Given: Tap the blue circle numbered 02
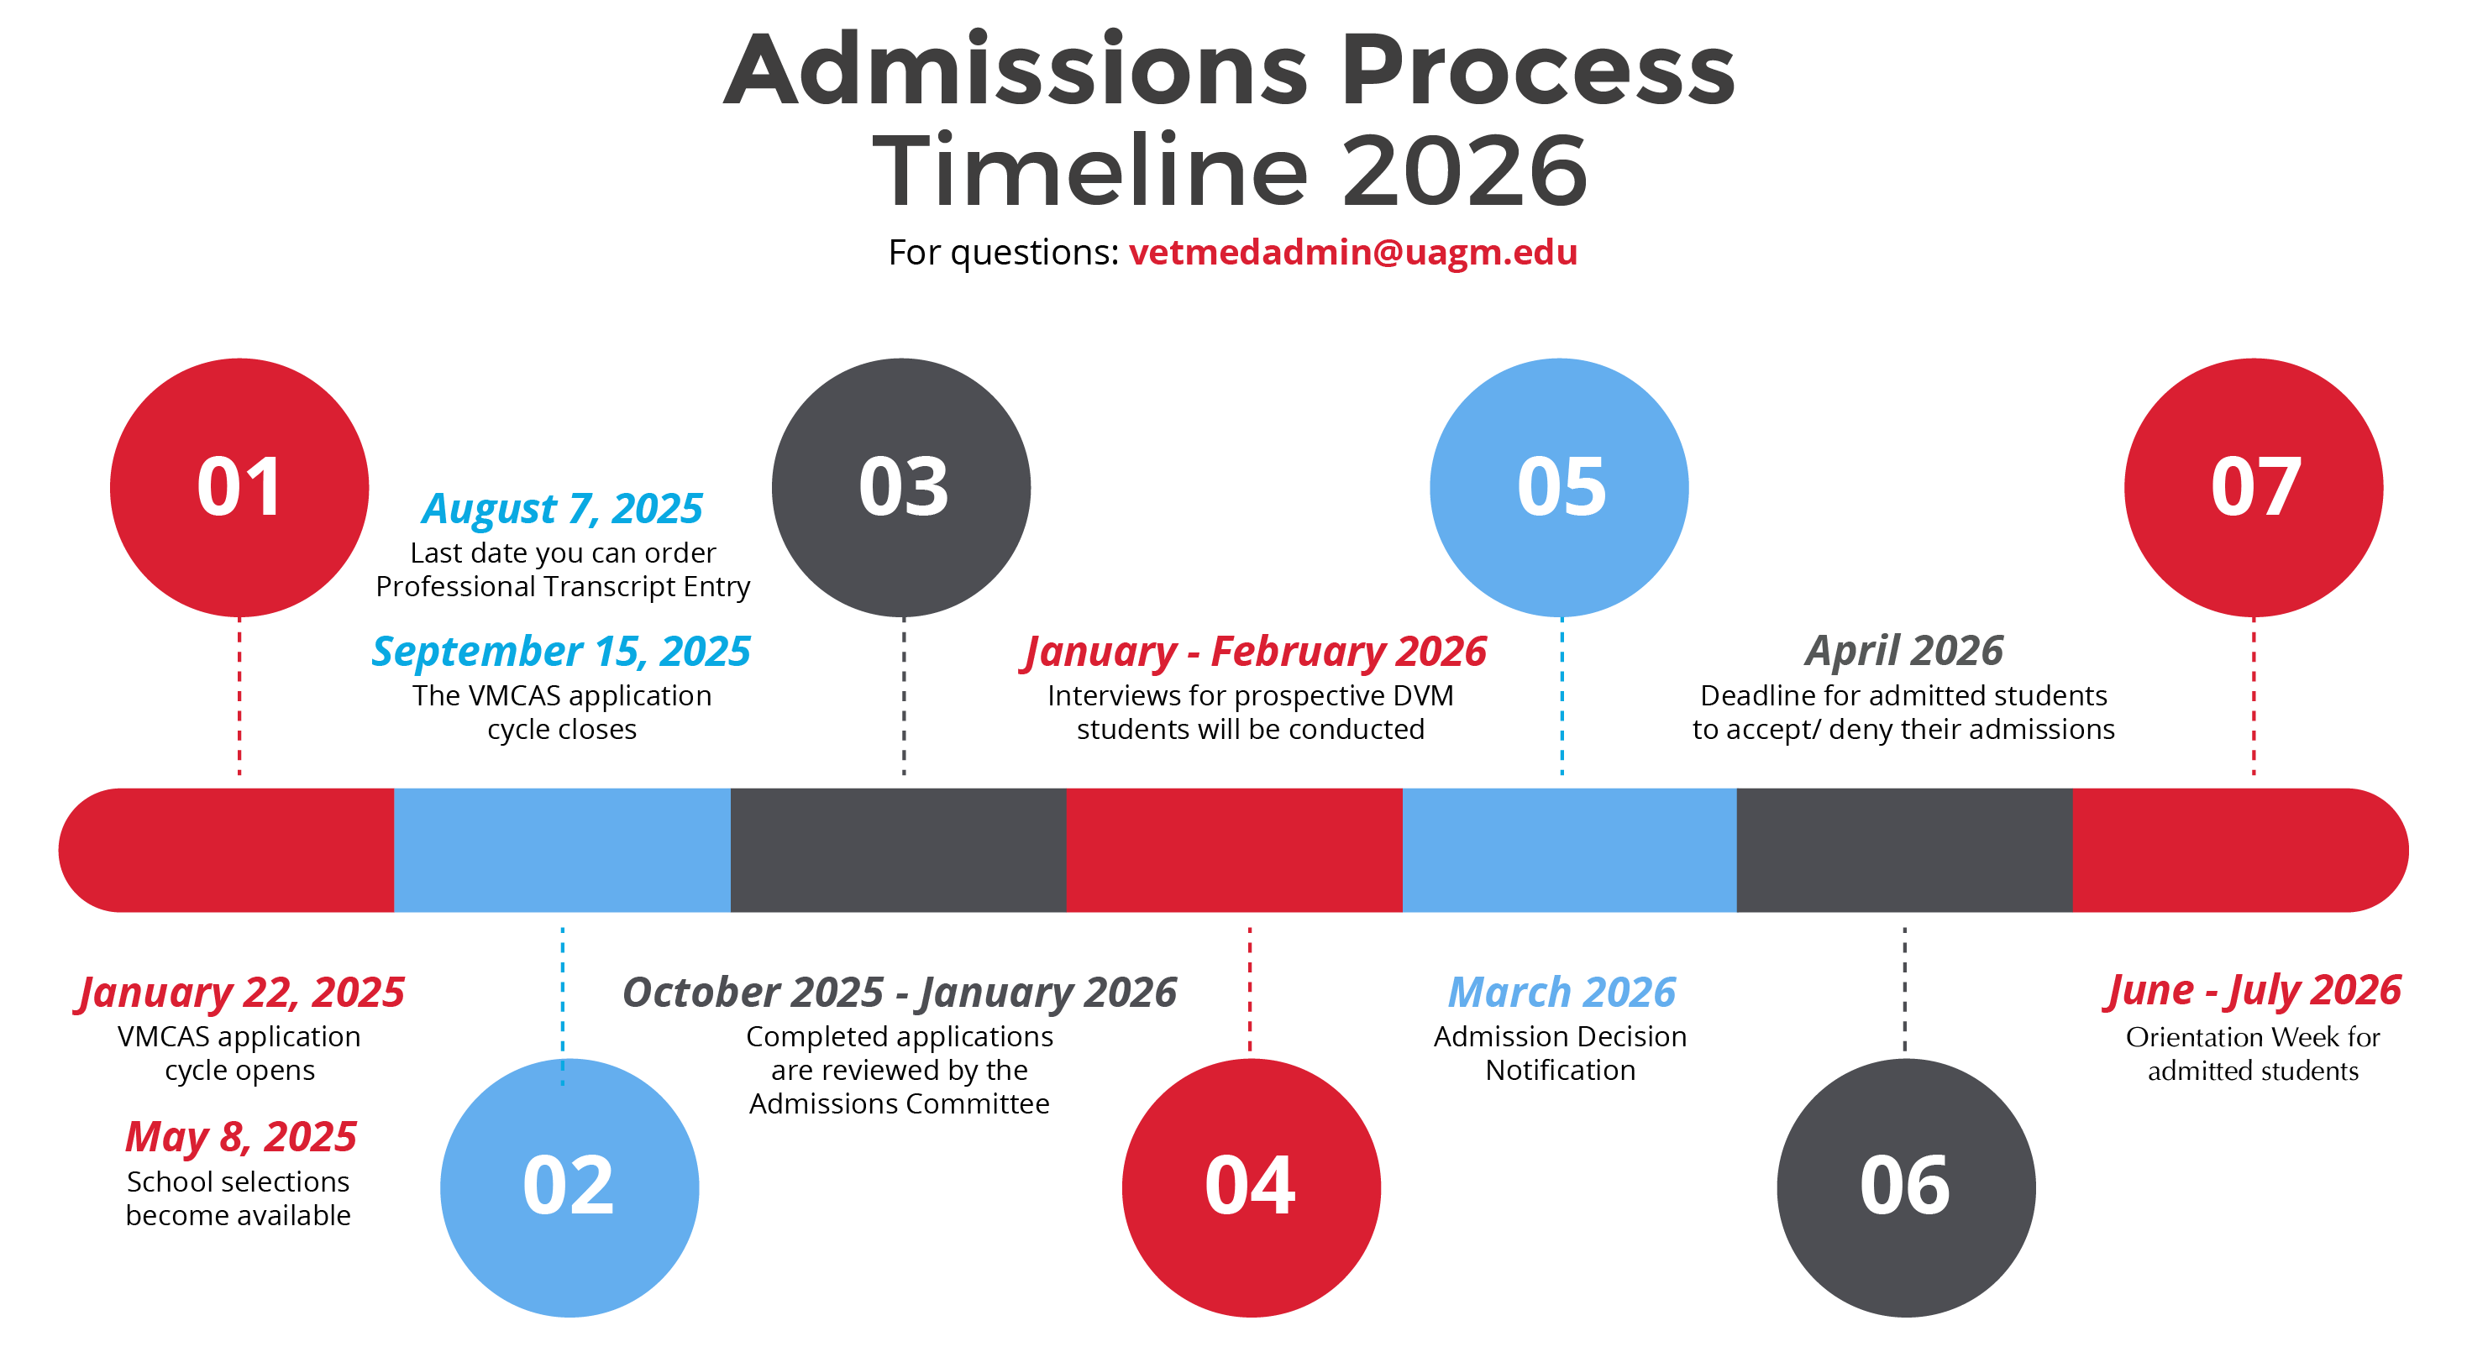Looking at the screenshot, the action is pos(570,1187).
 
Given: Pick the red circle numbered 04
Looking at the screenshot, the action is pos(1252,1187).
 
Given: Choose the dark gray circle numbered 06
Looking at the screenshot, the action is pos(1906,1187).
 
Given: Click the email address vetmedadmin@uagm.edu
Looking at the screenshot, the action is pos(1352,252).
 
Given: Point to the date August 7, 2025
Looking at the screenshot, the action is pos(562,508).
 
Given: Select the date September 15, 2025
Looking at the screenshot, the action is pos(561,651).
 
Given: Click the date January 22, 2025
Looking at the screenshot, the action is pos(240,993).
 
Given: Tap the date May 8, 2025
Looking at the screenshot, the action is pos(240,1138).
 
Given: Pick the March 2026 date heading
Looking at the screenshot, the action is pos(1562,992).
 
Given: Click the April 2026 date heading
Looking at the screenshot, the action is pos(1904,651).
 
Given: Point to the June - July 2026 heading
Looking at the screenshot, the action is pos(2254,991).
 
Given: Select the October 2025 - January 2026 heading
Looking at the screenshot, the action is pos(900,993).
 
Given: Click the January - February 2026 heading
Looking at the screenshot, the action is pos(1253,651).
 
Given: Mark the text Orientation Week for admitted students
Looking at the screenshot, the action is pos(2254,1053).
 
